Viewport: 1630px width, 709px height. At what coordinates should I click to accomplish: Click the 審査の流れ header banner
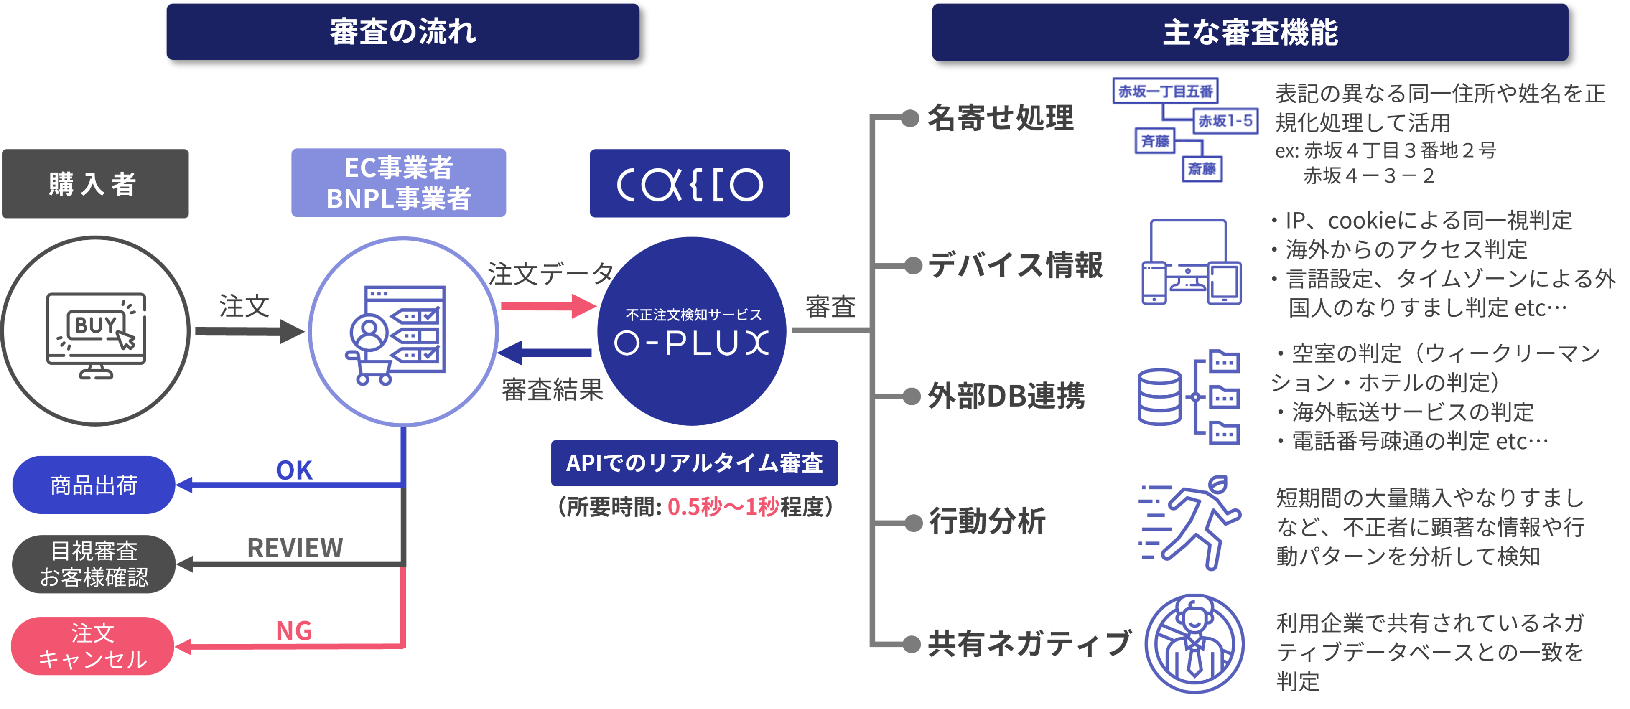(402, 32)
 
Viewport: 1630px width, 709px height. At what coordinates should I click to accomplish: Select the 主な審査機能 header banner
(1250, 32)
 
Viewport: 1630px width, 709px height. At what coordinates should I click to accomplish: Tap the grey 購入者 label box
(95, 183)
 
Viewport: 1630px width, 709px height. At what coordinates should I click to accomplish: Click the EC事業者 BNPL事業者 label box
(399, 183)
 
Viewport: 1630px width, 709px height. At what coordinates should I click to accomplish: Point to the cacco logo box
(690, 183)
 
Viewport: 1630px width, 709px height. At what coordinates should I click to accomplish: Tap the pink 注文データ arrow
(548, 306)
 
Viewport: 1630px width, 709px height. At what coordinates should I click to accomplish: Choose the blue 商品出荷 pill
(94, 485)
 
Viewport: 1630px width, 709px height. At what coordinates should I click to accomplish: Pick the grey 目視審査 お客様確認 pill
(94, 564)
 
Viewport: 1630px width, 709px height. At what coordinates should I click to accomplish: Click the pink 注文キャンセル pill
(92, 646)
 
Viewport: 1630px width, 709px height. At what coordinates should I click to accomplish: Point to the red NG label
(294, 630)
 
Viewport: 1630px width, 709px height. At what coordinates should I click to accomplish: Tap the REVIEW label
(295, 548)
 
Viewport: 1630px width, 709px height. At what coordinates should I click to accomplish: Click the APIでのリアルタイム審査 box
(694, 463)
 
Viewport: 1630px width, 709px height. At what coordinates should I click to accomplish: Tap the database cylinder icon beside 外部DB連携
(1159, 396)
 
